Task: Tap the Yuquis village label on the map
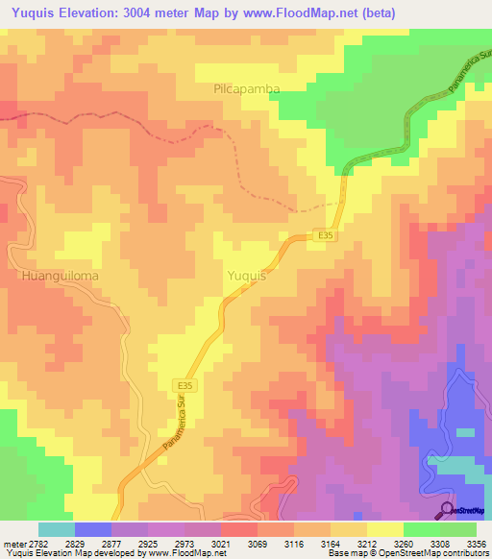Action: click(x=246, y=276)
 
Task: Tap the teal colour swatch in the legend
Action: click(x=57, y=529)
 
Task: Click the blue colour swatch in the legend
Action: click(x=93, y=529)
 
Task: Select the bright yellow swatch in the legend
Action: click(x=384, y=529)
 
